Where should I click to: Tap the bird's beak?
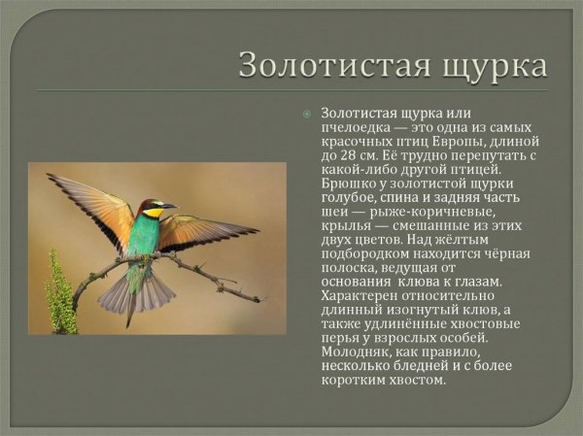point(169,205)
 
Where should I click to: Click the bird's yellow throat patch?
point(153,213)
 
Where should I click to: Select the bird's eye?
point(155,204)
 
